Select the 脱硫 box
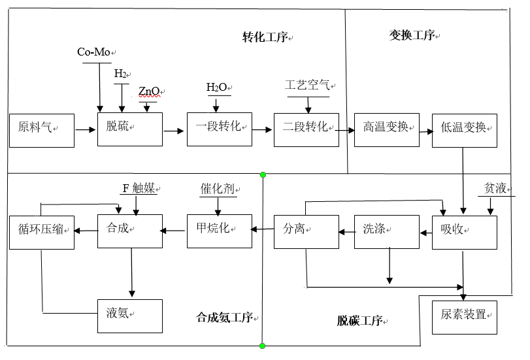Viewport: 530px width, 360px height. [129, 129]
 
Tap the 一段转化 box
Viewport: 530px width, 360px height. [219, 129]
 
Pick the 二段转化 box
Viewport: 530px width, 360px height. [306, 129]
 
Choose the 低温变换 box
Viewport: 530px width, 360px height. [464, 129]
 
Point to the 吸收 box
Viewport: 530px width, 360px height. [464, 231]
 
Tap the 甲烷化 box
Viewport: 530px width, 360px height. [219, 230]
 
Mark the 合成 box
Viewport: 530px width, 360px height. [129, 230]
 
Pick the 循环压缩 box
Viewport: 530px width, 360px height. [41, 230]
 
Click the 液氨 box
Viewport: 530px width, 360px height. [129, 316]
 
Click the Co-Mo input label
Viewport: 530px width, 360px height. [93, 52]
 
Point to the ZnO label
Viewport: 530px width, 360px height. [148, 90]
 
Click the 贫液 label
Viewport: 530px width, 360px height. [494, 189]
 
